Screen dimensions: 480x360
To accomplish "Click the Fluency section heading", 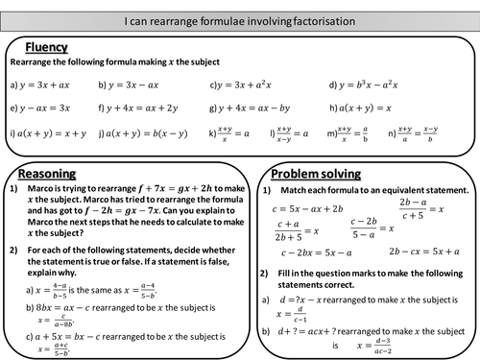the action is pyautogui.click(x=46, y=46).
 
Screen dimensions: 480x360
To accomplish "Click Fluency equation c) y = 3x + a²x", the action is pyautogui.click(x=253, y=84).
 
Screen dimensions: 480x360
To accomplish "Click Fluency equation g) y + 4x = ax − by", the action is pyautogui.click(x=254, y=108).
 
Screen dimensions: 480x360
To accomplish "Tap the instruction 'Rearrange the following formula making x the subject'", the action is pyautogui.click(x=115, y=62).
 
